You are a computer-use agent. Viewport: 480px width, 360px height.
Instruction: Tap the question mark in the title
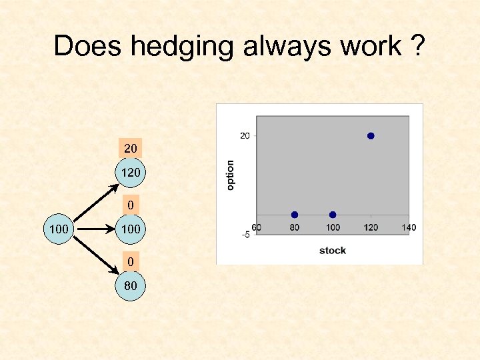pyautogui.click(x=417, y=46)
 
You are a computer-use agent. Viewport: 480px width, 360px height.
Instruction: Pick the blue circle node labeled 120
pyautogui.click(x=131, y=173)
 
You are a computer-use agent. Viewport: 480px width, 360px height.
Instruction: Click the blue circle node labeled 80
pyautogui.click(x=131, y=287)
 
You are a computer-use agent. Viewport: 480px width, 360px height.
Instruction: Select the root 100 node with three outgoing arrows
pyautogui.click(x=59, y=230)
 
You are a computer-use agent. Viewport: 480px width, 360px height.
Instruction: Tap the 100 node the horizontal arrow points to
pyautogui.click(x=131, y=230)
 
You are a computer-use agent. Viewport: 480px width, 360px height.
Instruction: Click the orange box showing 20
pyautogui.click(x=131, y=147)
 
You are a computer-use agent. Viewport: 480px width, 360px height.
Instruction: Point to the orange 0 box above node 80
pyautogui.click(x=131, y=263)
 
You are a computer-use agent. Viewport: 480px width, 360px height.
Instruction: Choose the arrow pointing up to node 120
pyautogui.click(x=93, y=203)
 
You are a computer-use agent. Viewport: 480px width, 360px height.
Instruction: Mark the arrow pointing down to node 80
pyautogui.click(x=93, y=257)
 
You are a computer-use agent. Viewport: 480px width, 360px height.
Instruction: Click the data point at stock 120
pyautogui.click(x=371, y=136)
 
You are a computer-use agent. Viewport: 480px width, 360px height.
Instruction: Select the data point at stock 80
pyautogui.click(x=294, y=215)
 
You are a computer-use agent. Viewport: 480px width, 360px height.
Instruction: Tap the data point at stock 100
pyautogui.click(x=333, y=215)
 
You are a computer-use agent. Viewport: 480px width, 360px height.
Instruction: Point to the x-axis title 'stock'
pyautogui.click(x=332, y=251)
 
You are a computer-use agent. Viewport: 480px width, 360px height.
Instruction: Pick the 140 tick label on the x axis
pyautogui.click(x=408, y=228)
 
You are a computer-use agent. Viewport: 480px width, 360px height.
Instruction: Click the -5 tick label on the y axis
pyautogui.click(x=245, y=234)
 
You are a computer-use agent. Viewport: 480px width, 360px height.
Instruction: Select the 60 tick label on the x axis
pyautogui.click(x=257, y=228)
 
